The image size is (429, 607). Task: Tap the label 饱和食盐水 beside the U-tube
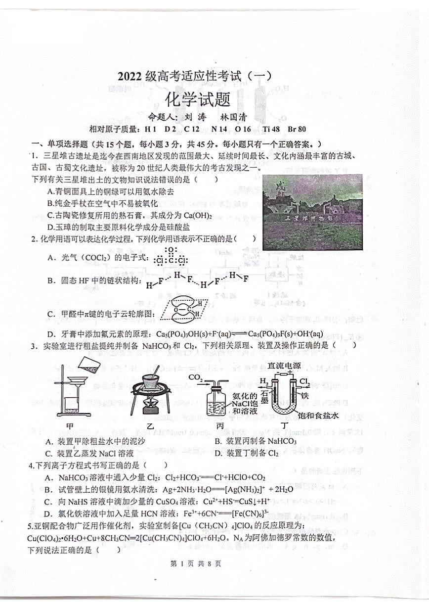coord(318,416)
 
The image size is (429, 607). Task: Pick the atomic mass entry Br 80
coord(297,129)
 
